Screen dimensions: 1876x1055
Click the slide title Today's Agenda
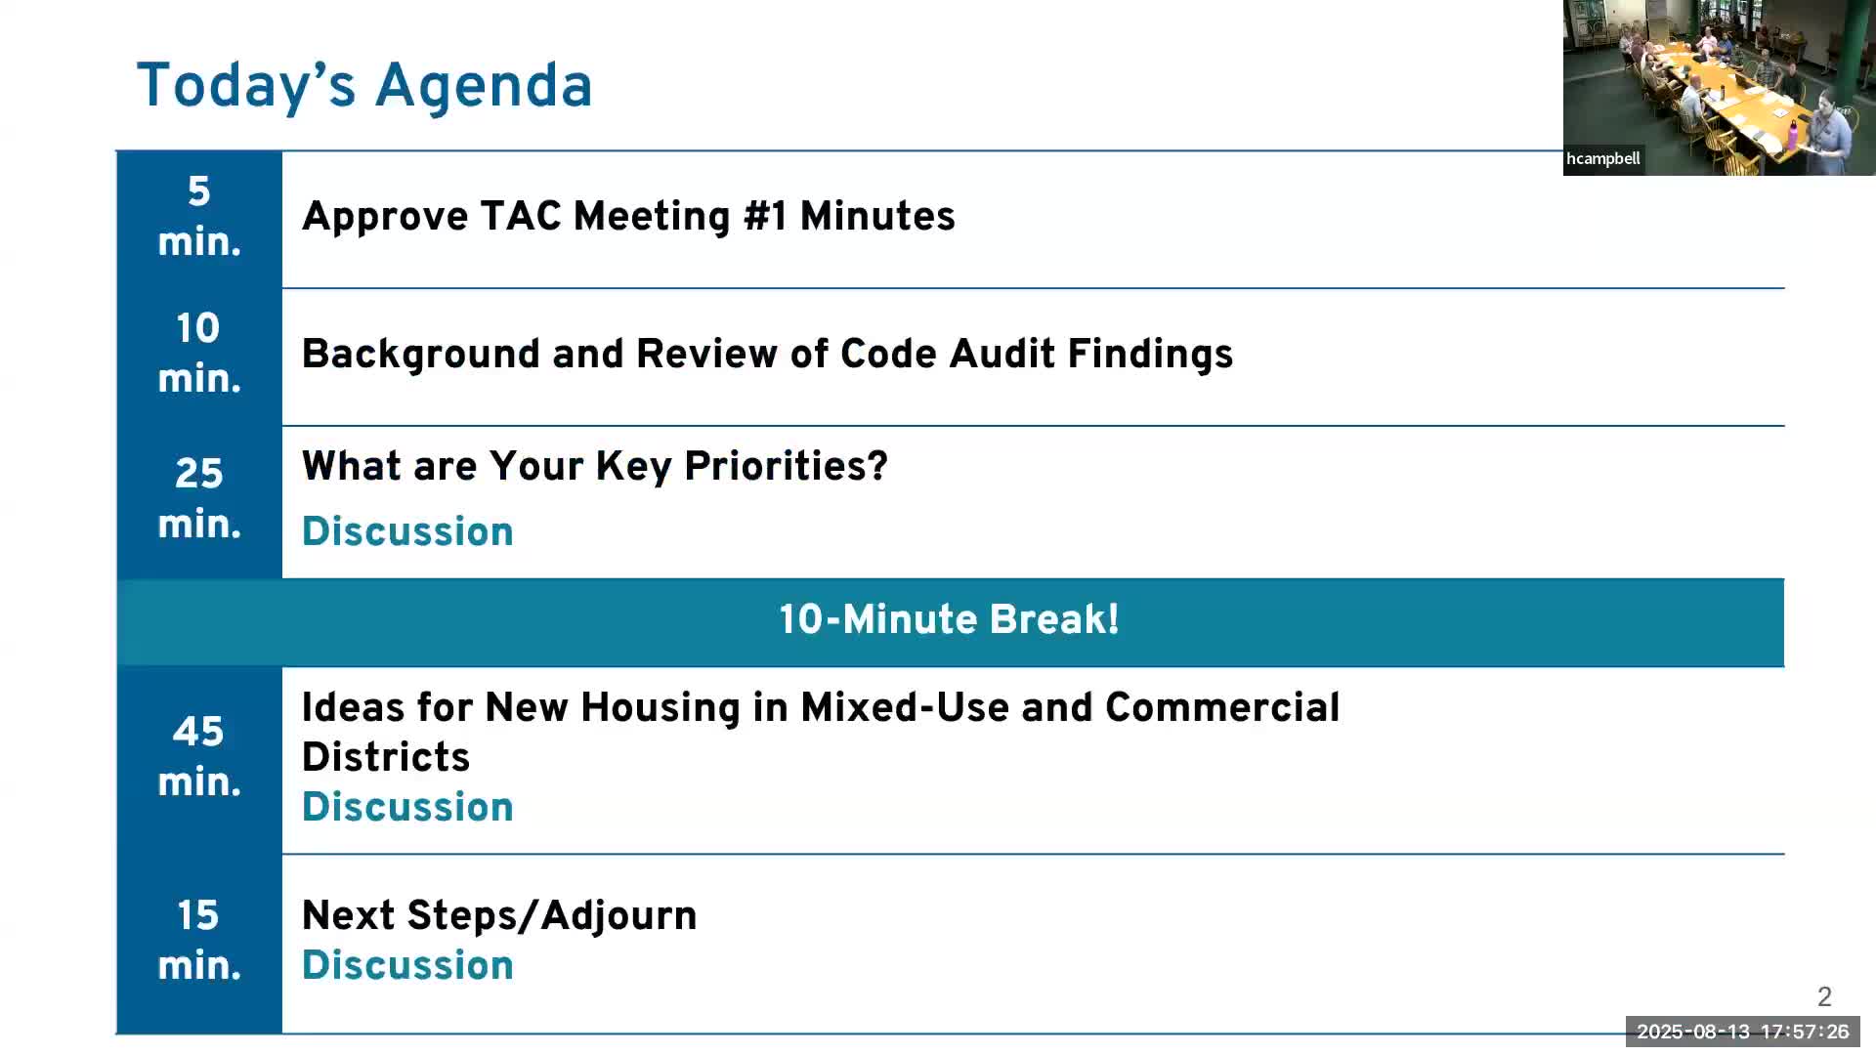tap(364, 86)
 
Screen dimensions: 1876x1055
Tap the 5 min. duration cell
tap(199, 219)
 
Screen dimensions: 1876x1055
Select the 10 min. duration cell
tap(199, 357)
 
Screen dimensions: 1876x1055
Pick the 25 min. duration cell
tap(199, 501)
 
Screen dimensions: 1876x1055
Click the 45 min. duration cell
tap(199, 760)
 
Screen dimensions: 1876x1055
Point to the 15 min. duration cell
tap(199, 943)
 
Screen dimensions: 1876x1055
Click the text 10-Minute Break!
tap(949, 619)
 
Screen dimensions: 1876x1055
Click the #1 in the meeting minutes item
tap(765, 216)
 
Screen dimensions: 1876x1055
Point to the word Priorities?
tap(786, 466)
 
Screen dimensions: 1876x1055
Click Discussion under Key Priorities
tap(407, 531)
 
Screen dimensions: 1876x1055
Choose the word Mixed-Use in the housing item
tap(905, 707)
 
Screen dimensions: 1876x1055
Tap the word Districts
tap(386, 757)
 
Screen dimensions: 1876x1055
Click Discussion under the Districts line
tap(407, 807)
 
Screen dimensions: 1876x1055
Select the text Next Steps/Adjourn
tap(499, 915)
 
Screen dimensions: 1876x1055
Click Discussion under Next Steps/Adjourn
tap(407, 965)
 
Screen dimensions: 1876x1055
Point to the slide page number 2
tap(1824, 996)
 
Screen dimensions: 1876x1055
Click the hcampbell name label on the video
tap(1603, 159)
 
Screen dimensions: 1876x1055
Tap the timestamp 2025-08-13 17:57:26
tap(1743, 1032)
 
